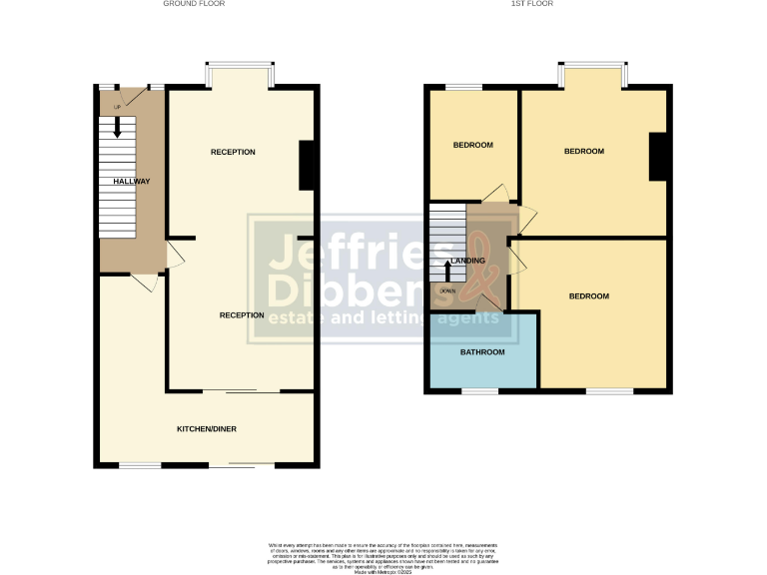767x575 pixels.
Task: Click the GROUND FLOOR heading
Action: (194, 4)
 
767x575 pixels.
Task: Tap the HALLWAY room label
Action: (132, 182)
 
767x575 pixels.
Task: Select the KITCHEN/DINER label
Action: (207, 428)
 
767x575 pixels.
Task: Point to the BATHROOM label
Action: (482, 352)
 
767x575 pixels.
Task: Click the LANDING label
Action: (468, 261)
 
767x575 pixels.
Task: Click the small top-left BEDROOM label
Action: (473, 145)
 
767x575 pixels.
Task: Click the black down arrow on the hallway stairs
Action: (118, 127)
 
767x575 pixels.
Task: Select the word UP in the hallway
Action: (117, 107)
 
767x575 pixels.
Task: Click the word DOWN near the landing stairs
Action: (447, 291)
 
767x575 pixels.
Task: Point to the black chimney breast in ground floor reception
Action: (309, 165)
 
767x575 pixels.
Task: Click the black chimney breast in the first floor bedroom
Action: (658, 157)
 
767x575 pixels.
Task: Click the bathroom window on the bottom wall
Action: (480, 391)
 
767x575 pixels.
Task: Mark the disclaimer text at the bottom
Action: (383, 555)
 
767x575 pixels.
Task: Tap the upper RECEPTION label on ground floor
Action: (233, 152)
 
